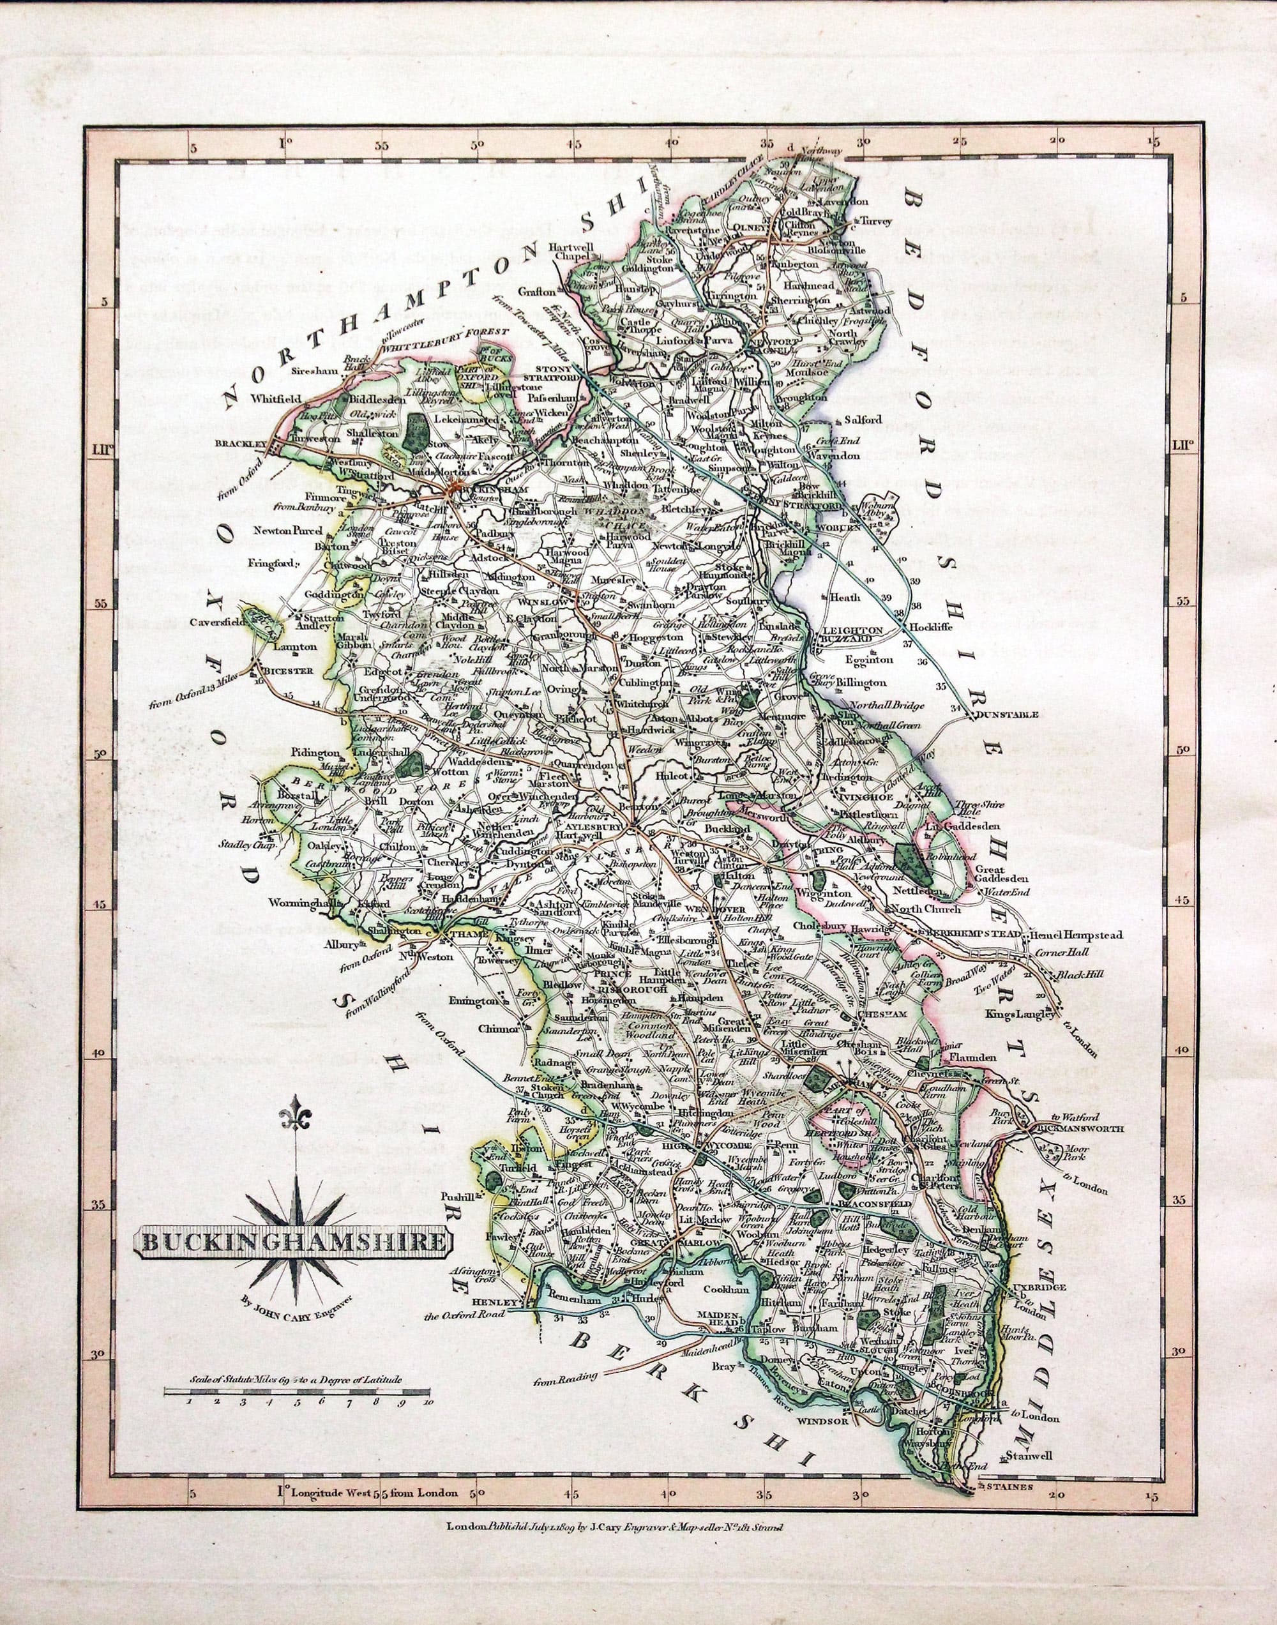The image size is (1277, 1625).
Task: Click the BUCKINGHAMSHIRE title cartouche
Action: (292, 1243)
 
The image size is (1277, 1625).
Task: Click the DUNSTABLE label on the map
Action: (1007, 714)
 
